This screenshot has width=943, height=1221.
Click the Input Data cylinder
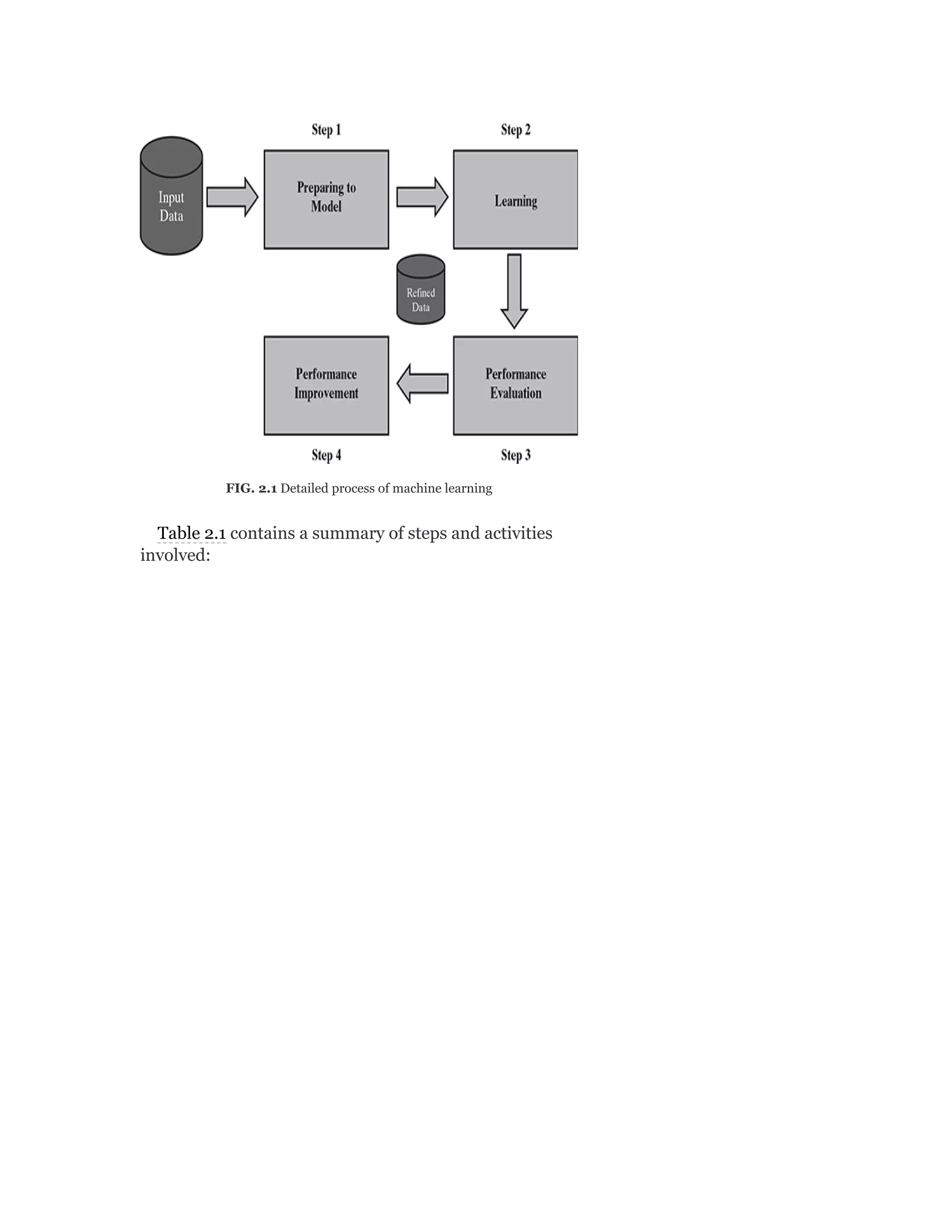click(x=171, y=197)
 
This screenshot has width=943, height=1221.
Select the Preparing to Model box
click(x=326, y=199)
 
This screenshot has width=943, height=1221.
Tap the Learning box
click(x=515, y=200)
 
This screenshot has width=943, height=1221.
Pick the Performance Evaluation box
click(x=515, y=385)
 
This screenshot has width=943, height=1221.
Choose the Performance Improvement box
click(x=326, y=385)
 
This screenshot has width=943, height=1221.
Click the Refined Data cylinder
click(x=421, y=291)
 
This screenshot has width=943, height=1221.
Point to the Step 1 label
click(x=326, y=130)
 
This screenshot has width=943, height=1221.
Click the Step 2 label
click(x=516, y=130)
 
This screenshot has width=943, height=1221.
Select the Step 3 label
click(x=516, y=455)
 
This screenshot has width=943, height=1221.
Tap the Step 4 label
click(x=326, y=455)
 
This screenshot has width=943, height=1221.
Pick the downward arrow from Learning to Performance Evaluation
click(x=514, y=290)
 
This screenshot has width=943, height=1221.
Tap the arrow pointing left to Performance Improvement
click(x=422, y=383)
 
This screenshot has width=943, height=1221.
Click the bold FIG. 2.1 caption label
click(x=251, y=488)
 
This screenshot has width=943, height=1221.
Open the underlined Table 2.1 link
click(x=192, y=534)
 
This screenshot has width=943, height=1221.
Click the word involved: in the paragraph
click(x=175, y=555)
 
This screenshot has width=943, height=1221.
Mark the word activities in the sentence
click(x=518, y=534)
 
